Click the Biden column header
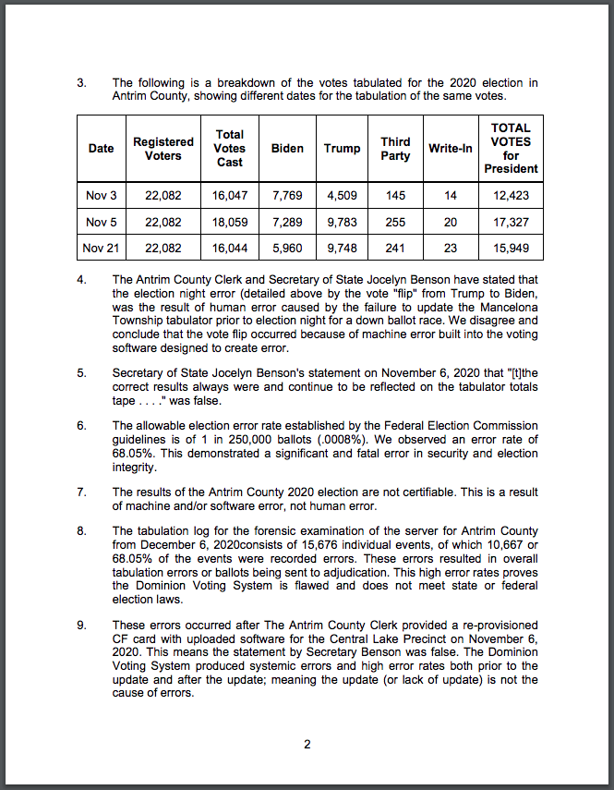[287, 149]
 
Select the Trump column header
[342, 149]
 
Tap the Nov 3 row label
[102, 195]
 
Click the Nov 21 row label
[102, 248]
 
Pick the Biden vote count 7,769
[287, 195]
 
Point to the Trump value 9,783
[342, 222]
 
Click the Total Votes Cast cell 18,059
[229, 222]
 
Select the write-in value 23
[450, 248]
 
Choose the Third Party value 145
[395, 195]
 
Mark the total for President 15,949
[511, 248]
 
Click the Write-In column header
[451, 149]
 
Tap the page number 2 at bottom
[307, 746]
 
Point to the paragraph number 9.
[81, 625]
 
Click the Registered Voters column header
[163, 149]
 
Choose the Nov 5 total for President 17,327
[511, 222]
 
